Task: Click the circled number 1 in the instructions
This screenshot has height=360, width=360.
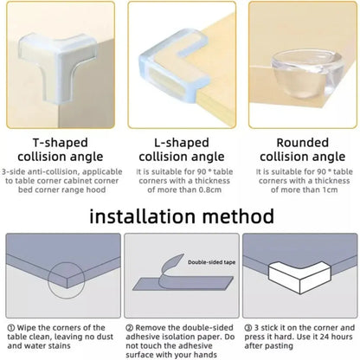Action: click(10, 328)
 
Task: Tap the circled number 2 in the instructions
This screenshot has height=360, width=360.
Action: click(129, 328)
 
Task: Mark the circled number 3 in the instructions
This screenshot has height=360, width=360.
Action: click(247, 328)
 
